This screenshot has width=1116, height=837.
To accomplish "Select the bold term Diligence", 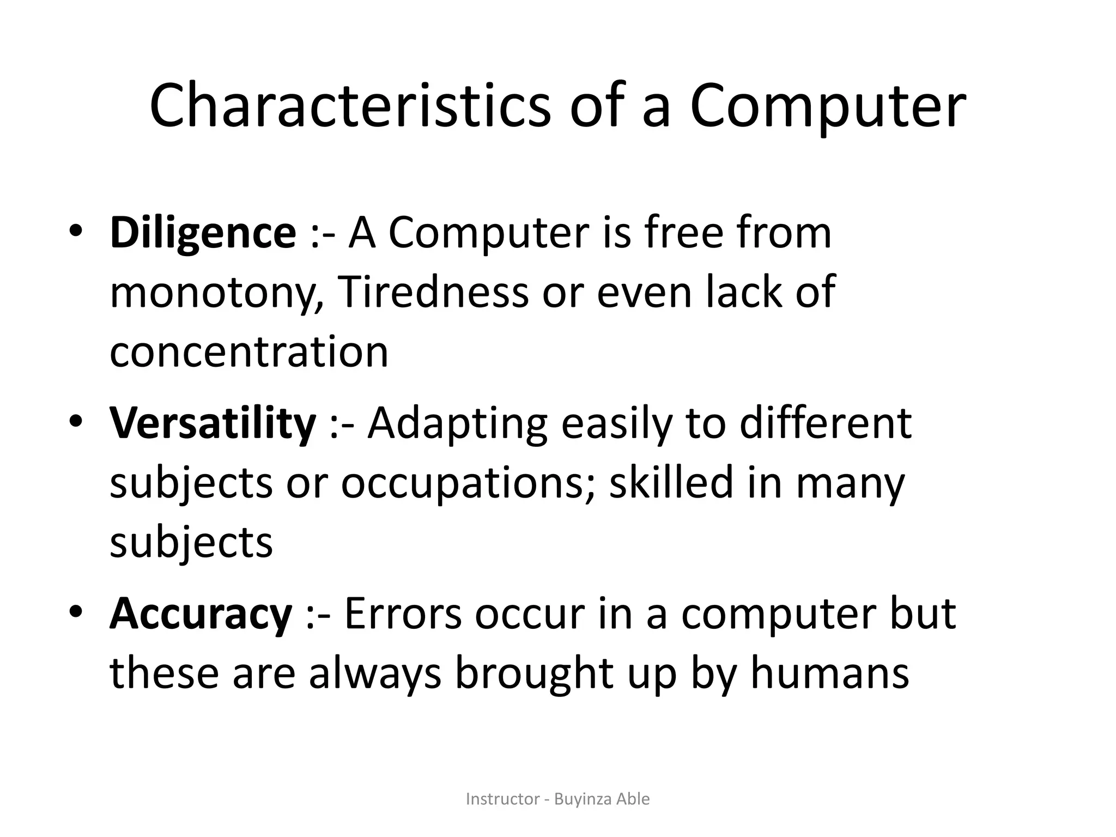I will point(203,233).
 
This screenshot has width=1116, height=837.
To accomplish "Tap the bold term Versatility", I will point(213,423).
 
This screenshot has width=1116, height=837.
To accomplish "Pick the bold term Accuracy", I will point(201,614).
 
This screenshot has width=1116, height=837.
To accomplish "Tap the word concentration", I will point(249,351).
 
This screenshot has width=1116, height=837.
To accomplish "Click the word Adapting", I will point(457,424).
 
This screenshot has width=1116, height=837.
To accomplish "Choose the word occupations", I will point(463,484).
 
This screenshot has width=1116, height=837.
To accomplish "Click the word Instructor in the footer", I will point(502,799).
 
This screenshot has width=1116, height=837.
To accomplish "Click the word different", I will point(825,423).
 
